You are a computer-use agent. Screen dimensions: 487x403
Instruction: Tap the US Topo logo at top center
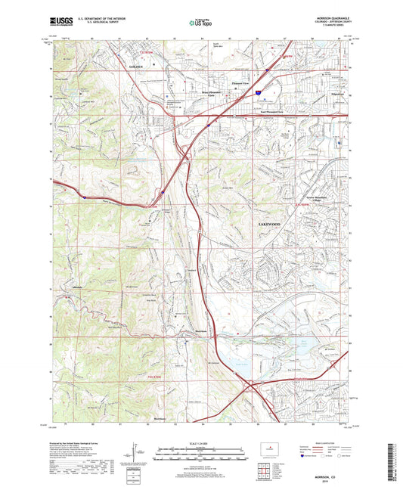pyautogui.click(x=200, y=23)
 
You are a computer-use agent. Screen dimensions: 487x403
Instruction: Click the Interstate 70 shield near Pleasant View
pyautogui.click(x=258, y=91)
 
